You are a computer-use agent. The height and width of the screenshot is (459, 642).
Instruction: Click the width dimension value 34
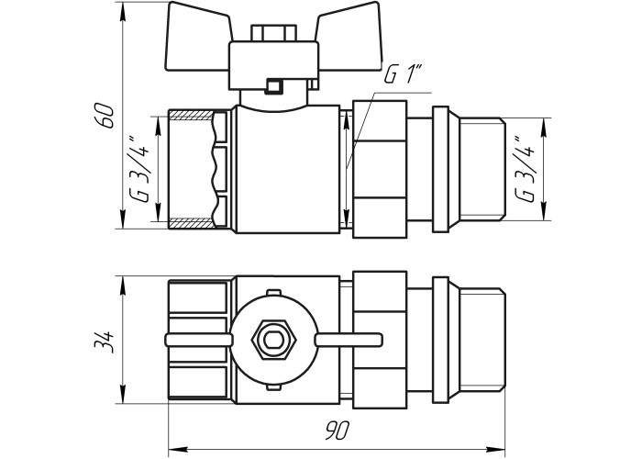point(104,341)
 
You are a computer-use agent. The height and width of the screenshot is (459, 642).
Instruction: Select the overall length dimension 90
point(338,431)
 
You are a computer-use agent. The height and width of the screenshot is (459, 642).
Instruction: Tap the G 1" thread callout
point(403,75)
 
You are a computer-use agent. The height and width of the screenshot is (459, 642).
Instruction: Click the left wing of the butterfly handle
point(199,36)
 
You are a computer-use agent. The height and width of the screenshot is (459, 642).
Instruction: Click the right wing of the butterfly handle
point(349,36)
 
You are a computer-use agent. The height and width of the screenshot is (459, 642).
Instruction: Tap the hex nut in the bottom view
point(273,340)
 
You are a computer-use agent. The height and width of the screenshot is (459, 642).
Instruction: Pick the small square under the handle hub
point(273,86)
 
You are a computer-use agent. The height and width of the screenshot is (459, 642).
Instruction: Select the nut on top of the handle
point(273,33)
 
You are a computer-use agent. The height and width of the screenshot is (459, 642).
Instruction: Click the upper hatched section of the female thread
point(192,115)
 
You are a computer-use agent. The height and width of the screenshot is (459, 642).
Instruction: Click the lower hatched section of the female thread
point(192,223)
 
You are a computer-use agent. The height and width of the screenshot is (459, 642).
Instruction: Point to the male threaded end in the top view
point(482,169)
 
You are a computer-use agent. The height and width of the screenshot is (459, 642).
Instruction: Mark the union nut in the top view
point(380,169)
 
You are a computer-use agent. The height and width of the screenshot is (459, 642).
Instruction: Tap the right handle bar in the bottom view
point(349,340)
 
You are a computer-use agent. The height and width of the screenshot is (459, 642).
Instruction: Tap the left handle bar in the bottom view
point(199,340)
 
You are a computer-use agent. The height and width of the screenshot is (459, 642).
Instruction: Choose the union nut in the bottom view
point(380,340)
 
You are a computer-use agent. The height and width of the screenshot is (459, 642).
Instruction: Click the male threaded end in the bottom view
point(482,340)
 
